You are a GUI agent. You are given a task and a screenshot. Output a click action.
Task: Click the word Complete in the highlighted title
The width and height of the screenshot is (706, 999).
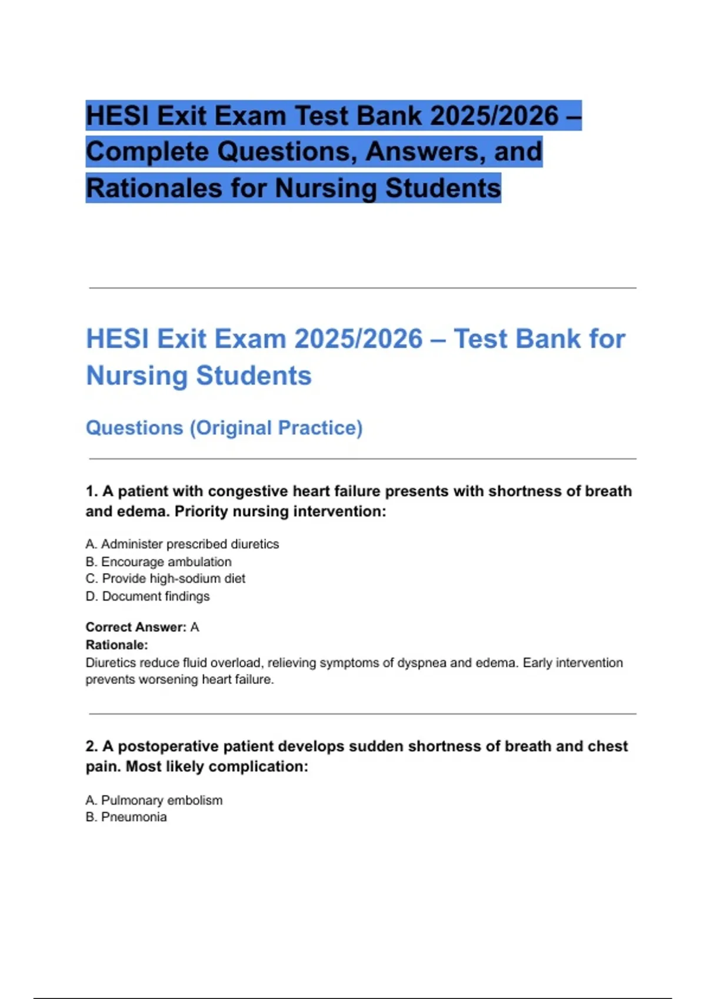(149, 152)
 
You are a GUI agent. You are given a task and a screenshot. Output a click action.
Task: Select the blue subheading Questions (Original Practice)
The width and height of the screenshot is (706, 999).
(224, 428)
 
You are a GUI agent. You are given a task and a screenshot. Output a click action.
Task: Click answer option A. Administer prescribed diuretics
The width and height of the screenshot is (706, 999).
(182, 544)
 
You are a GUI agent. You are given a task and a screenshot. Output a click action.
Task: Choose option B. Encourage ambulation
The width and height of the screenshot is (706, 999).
(159, 562)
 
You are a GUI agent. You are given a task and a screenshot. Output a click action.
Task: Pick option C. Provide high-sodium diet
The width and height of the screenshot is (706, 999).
(165, 579)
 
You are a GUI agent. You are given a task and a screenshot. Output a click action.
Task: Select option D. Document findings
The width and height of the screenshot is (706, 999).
(148, 596)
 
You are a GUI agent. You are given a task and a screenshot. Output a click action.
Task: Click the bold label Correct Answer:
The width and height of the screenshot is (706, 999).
(136, 627)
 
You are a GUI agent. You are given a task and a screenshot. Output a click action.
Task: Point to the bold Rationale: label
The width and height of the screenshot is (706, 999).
(116, 645)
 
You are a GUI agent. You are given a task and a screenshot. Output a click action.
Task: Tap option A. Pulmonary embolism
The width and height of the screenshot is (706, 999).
(154, 800)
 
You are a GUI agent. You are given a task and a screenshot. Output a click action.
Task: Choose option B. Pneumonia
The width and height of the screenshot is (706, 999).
(126, 817)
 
